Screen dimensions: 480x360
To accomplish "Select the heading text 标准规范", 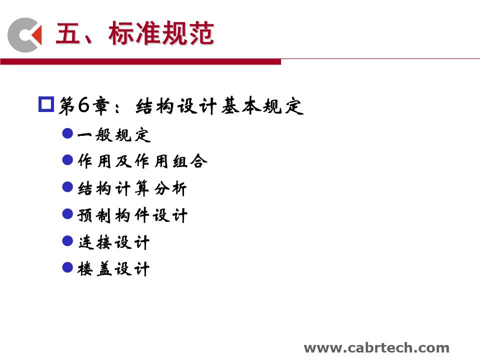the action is pyautogui.click(x=161, y=33).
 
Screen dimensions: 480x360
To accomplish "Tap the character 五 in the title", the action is pyautogui.click(x=67, y=33).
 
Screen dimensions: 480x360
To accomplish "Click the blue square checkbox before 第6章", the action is pyautogui.click(x=46, y=104).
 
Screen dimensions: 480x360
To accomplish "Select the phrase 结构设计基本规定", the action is pyautogui.click(x=219, y=106).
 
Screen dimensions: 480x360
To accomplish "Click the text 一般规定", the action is pyautogui.click(x=114, y=134).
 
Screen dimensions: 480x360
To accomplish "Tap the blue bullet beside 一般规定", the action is pyautogui.click(x=67, y=133).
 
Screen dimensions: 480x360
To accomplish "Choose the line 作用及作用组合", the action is pyautogui.click(x=142, y=161).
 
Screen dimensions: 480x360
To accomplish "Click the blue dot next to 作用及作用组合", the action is pyautogui.click(x=67, y=160).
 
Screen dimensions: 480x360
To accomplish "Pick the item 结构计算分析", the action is pyautogui.click(x=132, y=188).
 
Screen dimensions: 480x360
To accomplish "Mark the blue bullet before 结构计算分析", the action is pyautogui.click(x=67, y=186).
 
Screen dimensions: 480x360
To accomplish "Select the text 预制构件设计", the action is pyautogui.click(x=132, y=215).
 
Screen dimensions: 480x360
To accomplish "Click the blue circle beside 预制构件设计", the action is pyautogui.click(x=67, y=213).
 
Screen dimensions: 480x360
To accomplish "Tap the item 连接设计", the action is pyautogui.click(x=114, y=242).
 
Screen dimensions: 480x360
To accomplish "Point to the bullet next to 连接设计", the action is pyautogui.click(x=67, y=240).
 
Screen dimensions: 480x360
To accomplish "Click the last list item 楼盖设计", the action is pyautogui.click(x=113, y=269).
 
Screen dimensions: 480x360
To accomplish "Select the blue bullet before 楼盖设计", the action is pyautogui.click(x=67, y=267).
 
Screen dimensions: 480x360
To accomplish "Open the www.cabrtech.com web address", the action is pyautogui.click(x=376, y=348).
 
